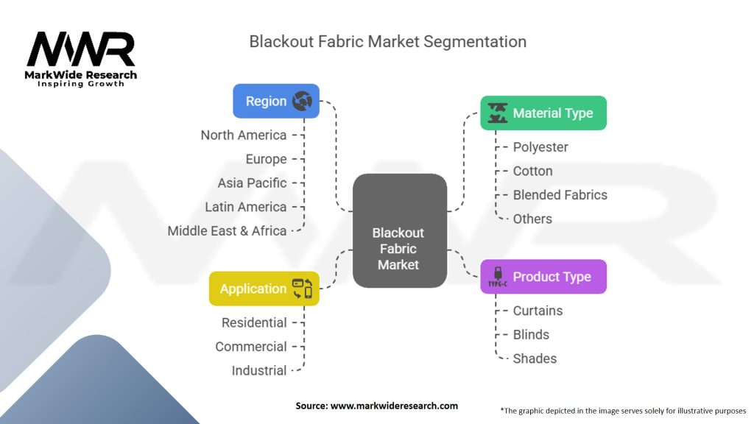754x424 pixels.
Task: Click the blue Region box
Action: pos(276,101)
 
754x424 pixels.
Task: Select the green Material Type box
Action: pos(543,113)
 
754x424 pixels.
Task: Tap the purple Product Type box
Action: pos(543,277)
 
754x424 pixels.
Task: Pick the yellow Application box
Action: pos(264,289)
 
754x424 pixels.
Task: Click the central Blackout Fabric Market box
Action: pos(400,230)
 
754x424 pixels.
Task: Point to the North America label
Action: pos(243,135)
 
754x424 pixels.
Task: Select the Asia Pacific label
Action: pos(252,183)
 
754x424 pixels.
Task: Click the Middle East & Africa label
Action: pos(227,230)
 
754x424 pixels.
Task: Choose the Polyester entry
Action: pos(540,147)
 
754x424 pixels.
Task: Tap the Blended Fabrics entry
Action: pos(560,194)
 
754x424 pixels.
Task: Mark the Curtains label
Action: pos(538,311)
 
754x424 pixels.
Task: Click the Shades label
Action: pos(535,358)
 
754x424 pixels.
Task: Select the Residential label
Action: pos(254,322)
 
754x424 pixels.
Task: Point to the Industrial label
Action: pos(259,371)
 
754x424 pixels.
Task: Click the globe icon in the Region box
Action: pos(302,101)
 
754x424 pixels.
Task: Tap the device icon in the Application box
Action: pos(302,289)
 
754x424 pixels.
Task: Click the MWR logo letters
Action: pos(81,49)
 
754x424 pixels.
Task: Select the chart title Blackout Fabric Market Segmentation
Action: pos(387,42)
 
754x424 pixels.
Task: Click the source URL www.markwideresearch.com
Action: pos(395,406)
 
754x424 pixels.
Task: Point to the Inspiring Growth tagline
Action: pos(81,84)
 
